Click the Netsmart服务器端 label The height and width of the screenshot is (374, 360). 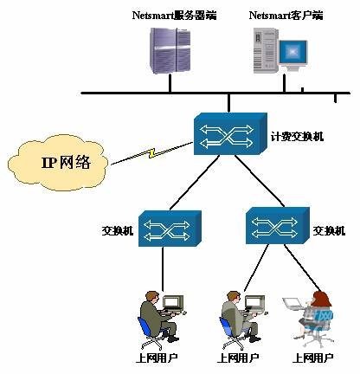tap(174, 15)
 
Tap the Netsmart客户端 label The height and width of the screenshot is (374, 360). tap(286, 15)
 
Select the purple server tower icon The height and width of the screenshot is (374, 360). tap(170, 50)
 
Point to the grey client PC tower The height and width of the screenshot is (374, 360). tap(265, 50)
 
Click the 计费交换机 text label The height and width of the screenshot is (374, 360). tap(297, 136)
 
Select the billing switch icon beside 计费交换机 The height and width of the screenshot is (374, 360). tap(230, 134)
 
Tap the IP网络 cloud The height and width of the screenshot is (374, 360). tap(58, 163)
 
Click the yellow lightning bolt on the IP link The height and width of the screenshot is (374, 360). tap(152, 153)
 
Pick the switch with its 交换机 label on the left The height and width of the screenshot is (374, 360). tap(170, 229)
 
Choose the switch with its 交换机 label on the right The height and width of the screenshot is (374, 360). tap(278, 225)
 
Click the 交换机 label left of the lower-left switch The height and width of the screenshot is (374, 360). tap(118, 231)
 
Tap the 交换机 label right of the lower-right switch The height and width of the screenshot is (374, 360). tap(329, 231)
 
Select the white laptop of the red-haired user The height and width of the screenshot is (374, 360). tap(292, 303)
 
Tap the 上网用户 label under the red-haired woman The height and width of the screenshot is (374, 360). tap(313, 358)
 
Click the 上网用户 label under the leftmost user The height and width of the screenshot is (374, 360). tap(157, 358)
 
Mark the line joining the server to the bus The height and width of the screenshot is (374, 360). tap(170, 83)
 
